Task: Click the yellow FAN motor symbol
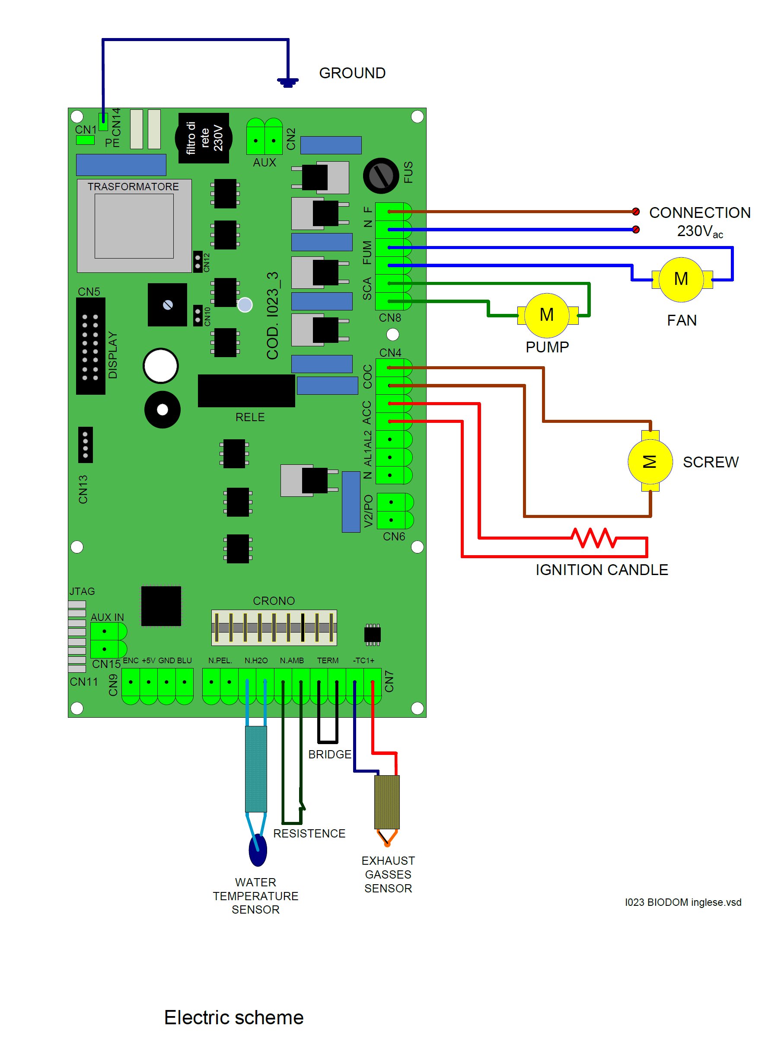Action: pyautogui.click(x=681, y=279)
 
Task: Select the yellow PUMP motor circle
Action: pyautogui.click(x=547, y=315)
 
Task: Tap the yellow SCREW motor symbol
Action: pyautogui.click(x=650, y=461)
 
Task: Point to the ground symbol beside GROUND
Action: pyautogui.click(x=288, y=82)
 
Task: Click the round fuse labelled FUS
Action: pyautogui.click(x=381, y=176)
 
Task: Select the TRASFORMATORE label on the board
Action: pyautogui.click(x=133, y=187)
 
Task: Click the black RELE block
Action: pyautogui.click(x=246, y=390)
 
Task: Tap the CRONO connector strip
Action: pyautogui.click(x=274, y=627)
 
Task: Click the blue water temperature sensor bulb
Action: pyautogui.click(x=258, y=850)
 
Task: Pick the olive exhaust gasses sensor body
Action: pyautogui.click(x=387, y=802)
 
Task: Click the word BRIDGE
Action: pyautogui.click(x=330, y=754)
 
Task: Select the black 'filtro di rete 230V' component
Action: pyautogui.click(x=203, y=138)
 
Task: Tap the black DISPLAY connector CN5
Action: pyautogui.click(x=90, y=345)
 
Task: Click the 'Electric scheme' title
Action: pyautogui.click(x=233, y=1017)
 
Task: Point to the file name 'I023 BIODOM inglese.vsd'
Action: pyautogui.click(x=683, y=902)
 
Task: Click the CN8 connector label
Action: pyautogui.click(x=390, y=318)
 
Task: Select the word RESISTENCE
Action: pyautogui.click(x=309, y=833)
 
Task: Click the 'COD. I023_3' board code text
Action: pyautogui.click(x=272, y=315)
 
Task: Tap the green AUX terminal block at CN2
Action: pyautogui.click(x=265, y=136)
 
